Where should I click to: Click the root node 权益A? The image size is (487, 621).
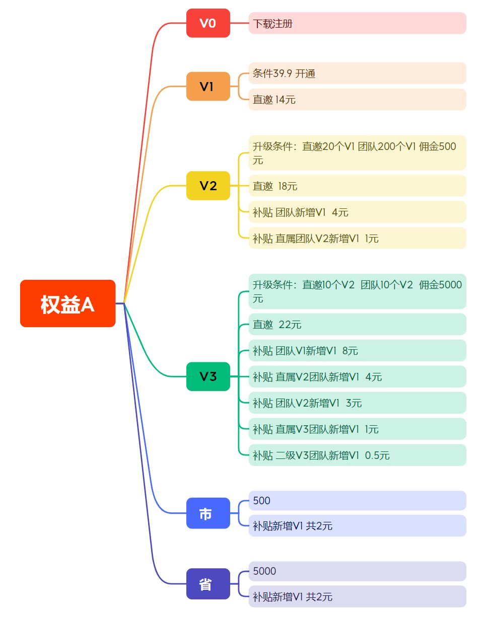[67, 303]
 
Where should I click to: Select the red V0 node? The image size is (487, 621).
[208, 23]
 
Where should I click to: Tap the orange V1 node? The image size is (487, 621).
[208, 87]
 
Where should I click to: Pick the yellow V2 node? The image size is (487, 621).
[208, 186]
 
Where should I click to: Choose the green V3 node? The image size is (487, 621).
[208, 376]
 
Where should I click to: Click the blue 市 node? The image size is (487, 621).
[208, 513]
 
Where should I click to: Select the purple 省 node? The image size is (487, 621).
[208, 584]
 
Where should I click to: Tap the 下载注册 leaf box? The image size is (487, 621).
[357, 23]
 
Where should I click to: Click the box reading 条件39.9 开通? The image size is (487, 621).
[357, 73]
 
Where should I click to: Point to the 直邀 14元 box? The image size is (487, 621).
[357, 100]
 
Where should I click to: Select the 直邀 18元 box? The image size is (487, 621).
[357, 186]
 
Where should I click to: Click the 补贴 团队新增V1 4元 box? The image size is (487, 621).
[357, 212]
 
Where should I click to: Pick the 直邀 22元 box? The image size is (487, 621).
[357, 325]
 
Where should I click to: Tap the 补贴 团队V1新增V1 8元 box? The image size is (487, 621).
[357, 351]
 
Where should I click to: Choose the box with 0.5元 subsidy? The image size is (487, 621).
[357, 455]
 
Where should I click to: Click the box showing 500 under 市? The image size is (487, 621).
[357, 501]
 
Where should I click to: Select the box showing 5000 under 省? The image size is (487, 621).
[357, 571]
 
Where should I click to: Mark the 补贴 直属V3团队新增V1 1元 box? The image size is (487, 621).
[357, 429]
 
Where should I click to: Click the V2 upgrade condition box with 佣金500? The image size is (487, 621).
[357, 153]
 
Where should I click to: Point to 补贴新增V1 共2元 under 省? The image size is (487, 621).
[357, 597]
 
